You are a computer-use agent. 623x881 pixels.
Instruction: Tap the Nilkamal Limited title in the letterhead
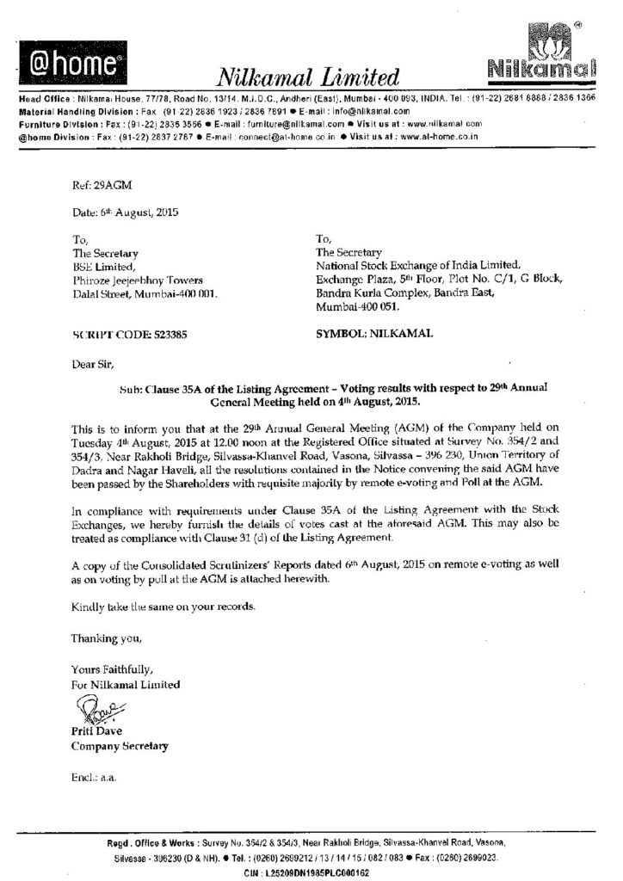tap(310, 78)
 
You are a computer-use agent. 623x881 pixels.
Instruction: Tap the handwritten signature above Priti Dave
tap(96, 712)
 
